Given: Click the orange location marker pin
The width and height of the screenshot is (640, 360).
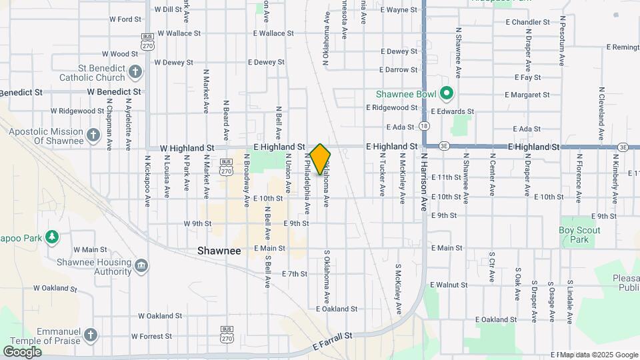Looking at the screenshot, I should pyautogui.click(x=320, y=159).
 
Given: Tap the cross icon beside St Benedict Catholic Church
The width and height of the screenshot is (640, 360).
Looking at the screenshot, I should pyautogui.click(x=135, y=71).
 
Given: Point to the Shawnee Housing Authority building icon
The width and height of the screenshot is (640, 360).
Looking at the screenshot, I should pyautogui.click(x=141, y=266).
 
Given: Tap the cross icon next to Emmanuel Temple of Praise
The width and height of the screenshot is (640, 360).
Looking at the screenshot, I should pyautogui.click(x=91, y=333).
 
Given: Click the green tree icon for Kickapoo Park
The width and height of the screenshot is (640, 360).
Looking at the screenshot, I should pyautogui.click(x=51, y=237).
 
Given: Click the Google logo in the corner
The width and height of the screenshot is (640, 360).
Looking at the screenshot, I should pyautogui.click(x=22, y=351).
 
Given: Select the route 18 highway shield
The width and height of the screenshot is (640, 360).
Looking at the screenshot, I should pyautogui.click(x=424, y=126).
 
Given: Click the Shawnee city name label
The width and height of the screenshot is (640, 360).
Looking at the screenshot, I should pyautogui.click(x=219, y=251).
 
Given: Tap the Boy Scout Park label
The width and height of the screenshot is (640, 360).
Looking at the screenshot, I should pyautogui.click(x=579, y=235).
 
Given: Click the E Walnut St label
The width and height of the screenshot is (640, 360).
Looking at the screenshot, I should pyautogui.click(x=449, y=285).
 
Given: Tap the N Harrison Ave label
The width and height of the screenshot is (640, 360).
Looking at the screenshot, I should pyautogui.click(x=423, y=182).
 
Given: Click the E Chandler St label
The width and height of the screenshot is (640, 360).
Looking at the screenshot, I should pyautogui.click(x=527, y=22).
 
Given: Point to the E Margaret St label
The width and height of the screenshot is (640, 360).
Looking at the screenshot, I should pyautogui.click(x=531, y=95).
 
